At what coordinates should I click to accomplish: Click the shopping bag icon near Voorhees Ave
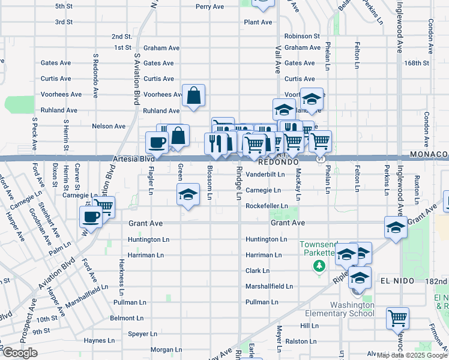pos(194,95)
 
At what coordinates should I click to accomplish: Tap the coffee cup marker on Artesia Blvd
pos(157,143)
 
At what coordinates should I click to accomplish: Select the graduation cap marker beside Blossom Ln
pos(188,194)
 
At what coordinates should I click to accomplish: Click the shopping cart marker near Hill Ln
pos(397,317)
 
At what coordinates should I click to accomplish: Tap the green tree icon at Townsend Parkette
pos(321,265)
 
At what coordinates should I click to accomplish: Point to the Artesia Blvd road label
pos(133,160)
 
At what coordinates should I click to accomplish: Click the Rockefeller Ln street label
pos(267,206)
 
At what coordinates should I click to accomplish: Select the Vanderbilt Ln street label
pos(265,174)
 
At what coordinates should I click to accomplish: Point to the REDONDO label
pos(279,162)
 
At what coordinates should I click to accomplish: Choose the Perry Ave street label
pos(210,7)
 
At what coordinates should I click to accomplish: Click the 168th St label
pos(417,62)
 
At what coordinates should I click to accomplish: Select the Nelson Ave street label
pos(109,126)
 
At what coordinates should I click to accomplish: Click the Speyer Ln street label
pos(142,334)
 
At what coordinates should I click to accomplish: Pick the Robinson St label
pos(302,36)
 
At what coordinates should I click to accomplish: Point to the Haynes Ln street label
pos(99,340)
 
